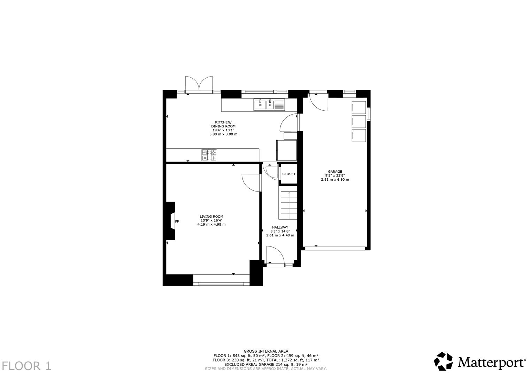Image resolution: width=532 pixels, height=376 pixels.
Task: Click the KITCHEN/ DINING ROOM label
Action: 223,124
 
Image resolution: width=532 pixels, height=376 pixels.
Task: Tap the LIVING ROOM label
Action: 211,217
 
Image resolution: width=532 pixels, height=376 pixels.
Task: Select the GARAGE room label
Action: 335,171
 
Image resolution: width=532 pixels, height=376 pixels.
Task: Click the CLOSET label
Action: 289,174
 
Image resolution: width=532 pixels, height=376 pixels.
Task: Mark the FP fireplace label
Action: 177,221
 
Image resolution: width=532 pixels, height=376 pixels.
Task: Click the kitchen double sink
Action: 265,104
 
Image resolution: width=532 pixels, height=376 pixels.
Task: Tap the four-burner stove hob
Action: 209,155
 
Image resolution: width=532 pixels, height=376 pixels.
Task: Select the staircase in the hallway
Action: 288,203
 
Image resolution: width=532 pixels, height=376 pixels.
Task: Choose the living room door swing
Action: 251,182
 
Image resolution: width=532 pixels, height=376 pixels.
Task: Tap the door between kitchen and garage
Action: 289,123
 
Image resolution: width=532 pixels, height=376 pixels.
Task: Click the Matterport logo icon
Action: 444,361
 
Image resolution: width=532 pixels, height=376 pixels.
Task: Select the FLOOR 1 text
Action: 26,366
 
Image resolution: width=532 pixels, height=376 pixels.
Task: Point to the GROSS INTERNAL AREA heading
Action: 266,351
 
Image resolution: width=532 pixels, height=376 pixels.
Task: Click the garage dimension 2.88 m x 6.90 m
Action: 335,180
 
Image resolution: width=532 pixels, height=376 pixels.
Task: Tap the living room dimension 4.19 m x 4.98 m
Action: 211,225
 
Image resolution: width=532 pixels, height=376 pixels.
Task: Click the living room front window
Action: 222,284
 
